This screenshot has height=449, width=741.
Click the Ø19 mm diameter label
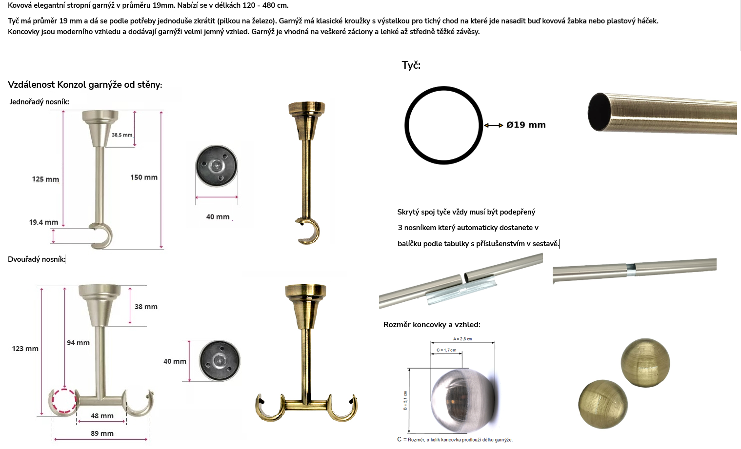pos(526,125)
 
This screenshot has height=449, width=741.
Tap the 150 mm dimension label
pos(144,177)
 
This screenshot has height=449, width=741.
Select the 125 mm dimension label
pos(45,179)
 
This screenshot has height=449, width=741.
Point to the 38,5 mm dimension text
pos(122,135)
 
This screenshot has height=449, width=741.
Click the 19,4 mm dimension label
pos(43,222)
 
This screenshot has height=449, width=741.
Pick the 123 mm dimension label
pos(25,349)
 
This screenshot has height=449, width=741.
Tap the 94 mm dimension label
pos(78,343)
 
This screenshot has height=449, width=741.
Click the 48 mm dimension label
pos(102,416)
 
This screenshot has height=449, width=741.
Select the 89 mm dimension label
pos(102,433)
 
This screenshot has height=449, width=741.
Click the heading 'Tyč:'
pos(411,65)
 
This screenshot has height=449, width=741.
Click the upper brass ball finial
pos(645,362)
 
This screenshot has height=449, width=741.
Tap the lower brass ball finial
pos(603,404)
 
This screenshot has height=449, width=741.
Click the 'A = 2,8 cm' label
pos(462,339)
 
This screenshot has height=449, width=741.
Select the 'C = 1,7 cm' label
pos(446,350)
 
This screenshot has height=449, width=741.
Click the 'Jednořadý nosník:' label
pos(40,102)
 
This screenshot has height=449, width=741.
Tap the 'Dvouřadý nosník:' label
pos(37,259)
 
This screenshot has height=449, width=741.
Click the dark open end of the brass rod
pos(599,112)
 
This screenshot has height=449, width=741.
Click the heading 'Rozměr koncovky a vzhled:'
pos(432,325)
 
